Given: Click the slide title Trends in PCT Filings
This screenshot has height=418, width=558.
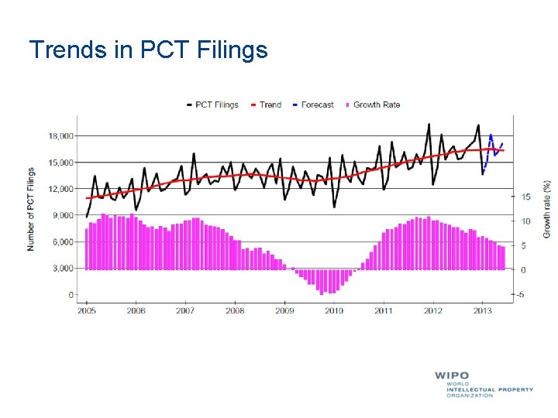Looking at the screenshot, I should [x=148, y=50].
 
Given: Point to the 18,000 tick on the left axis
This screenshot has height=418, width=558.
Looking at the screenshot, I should [x=60, y=135].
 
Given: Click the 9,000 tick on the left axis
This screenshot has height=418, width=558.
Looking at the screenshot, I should [x=62, y=215].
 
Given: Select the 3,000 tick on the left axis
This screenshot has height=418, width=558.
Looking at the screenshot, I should [x=62, y=269].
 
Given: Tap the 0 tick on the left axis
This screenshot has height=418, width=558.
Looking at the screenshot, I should [x=71, y=295].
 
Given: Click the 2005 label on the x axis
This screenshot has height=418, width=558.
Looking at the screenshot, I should [x=86, y=310].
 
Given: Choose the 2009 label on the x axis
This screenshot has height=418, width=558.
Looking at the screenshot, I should [x=284, y=310].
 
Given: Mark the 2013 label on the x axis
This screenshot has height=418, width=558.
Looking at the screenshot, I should [x=482, y=310].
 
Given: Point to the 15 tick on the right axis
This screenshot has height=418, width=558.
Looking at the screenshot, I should [x=525, y=197].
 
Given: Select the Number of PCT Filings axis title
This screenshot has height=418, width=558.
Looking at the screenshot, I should [x=32, y=209].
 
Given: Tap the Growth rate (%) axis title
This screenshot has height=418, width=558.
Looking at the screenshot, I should [x=546, y=209].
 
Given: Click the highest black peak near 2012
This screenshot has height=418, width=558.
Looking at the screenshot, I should [x=429, y=124].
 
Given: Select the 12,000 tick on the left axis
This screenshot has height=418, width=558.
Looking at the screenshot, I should [x=60, y=189].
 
